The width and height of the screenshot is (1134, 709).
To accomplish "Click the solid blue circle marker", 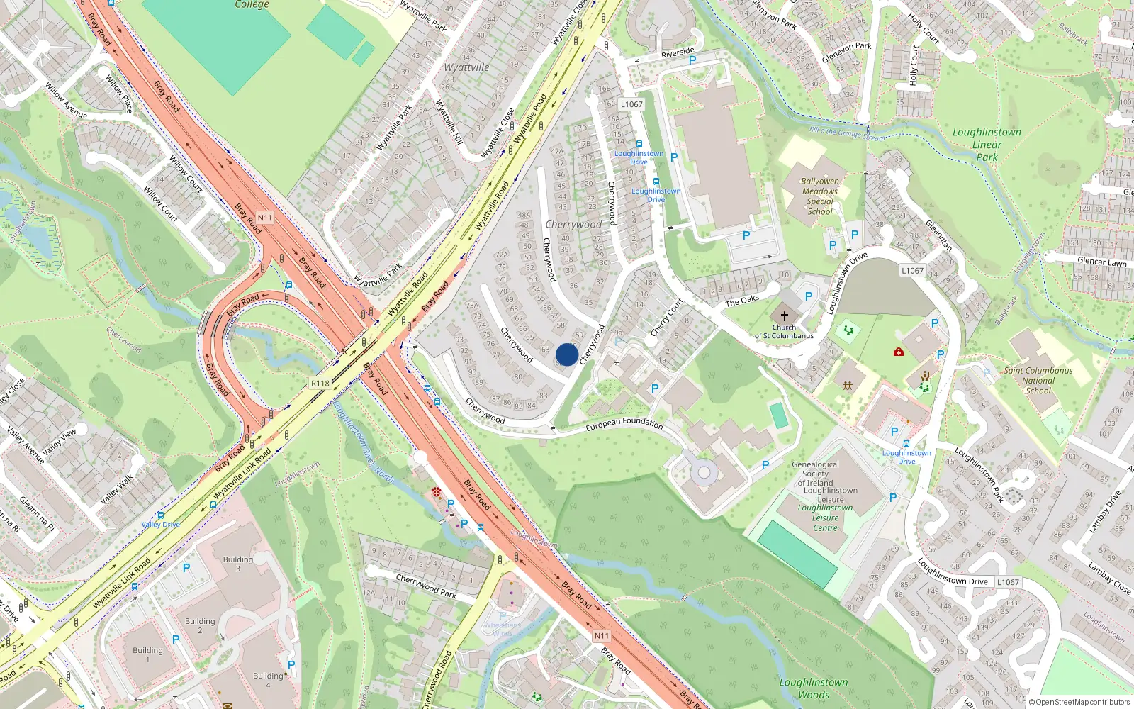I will [567, 354].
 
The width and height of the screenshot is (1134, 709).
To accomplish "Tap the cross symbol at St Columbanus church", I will [784, 316].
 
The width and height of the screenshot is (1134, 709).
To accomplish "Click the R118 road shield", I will [320, 384].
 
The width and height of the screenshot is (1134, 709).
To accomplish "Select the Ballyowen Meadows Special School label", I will [820, 196].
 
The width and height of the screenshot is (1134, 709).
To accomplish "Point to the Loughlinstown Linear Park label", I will [987, 145].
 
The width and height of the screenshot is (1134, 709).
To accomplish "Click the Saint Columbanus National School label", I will [1038, 380].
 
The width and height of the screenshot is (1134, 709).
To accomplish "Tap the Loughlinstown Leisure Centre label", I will [825, 518].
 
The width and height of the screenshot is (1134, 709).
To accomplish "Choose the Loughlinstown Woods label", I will [814, 688].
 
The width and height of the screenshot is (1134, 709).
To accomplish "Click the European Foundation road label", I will [624, 423].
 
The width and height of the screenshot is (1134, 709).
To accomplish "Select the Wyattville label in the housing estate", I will [466, 67].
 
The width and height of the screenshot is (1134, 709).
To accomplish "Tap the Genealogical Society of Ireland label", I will [816, 474].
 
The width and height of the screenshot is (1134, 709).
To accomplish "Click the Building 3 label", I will [237, 564].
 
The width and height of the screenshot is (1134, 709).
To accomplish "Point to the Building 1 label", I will [147, 654].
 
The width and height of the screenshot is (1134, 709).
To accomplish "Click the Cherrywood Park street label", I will [426, 586].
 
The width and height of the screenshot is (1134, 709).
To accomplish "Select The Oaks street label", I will [742, 301].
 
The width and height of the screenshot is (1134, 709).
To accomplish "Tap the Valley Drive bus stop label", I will [161, 525].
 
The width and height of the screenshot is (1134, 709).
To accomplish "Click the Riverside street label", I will [678, 52].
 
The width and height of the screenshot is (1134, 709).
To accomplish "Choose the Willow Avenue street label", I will [66, 100].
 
